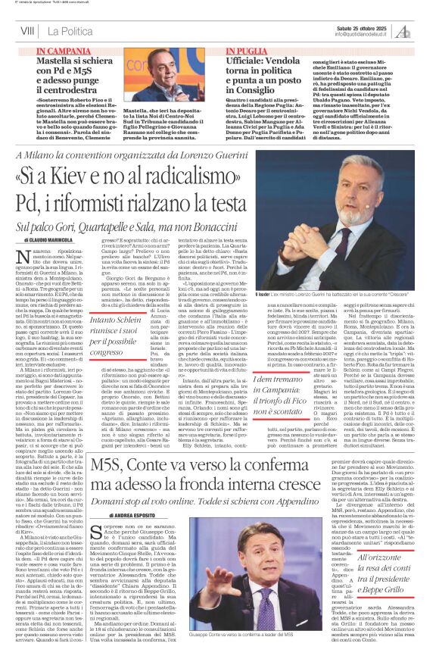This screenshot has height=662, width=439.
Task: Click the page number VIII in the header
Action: point(27,30)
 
